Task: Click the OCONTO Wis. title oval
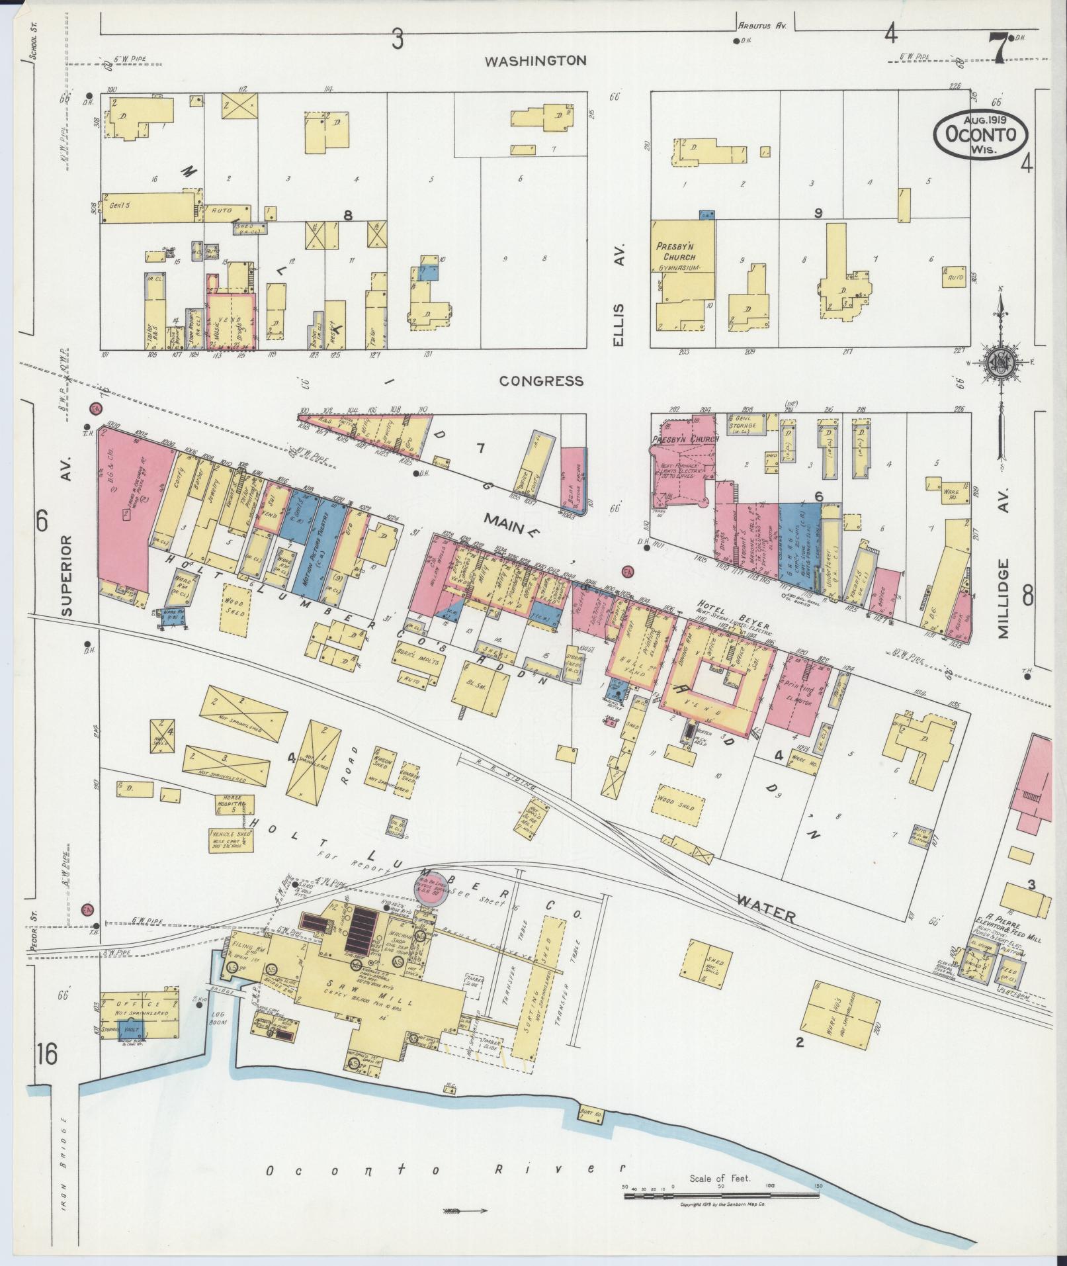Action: [980, 134]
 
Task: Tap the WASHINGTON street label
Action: [535, 61]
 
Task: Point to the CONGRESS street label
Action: [541, 381]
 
